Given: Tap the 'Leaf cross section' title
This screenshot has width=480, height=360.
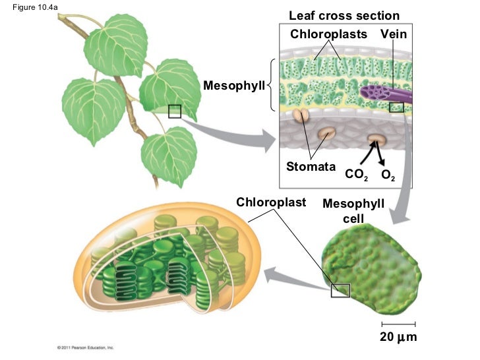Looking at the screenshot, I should [x=344, y=16].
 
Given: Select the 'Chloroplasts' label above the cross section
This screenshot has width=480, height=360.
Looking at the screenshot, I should [x=328, y=34].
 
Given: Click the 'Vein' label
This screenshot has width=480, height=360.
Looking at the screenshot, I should [x=393, y=34].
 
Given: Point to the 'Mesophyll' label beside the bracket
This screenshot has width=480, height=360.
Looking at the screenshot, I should [x=233, y=86].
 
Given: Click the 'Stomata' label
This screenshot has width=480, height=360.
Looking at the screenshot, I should [x=311, y=167].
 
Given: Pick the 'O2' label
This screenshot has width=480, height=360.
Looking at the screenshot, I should [x=388, y=175].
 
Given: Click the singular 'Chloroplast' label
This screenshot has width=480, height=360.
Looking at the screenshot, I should [x=271, y=202].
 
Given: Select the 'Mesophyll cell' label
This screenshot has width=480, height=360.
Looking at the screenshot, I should [x=353, y=210].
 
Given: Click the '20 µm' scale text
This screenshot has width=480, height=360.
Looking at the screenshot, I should [x=398, y=338].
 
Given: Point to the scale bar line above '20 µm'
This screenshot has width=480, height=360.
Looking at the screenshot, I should [x=398, y=324].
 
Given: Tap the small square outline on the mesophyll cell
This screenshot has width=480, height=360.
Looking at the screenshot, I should [x=340, y=290].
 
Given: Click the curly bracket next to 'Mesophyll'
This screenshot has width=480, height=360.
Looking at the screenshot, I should [x=271, y=86].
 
